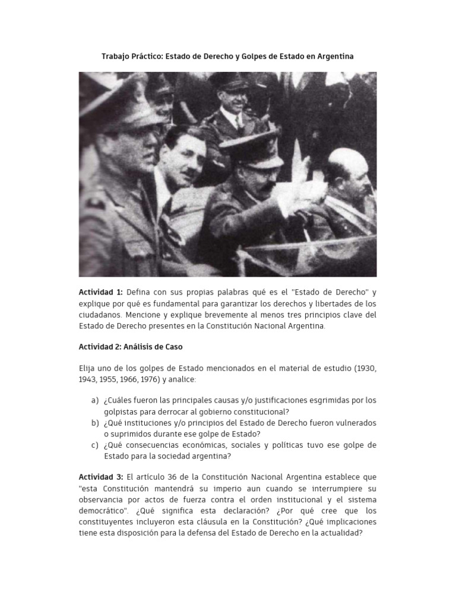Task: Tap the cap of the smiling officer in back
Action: (228, 82)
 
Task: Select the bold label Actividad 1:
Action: (101, 292)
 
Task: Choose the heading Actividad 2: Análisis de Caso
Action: (135, 346)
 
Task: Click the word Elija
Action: (88, 368)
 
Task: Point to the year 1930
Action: (365, 368)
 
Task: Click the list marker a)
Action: (95, 400)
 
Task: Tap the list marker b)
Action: (95, 423)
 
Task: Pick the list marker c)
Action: (95, 445)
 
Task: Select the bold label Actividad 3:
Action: (101, 477)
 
